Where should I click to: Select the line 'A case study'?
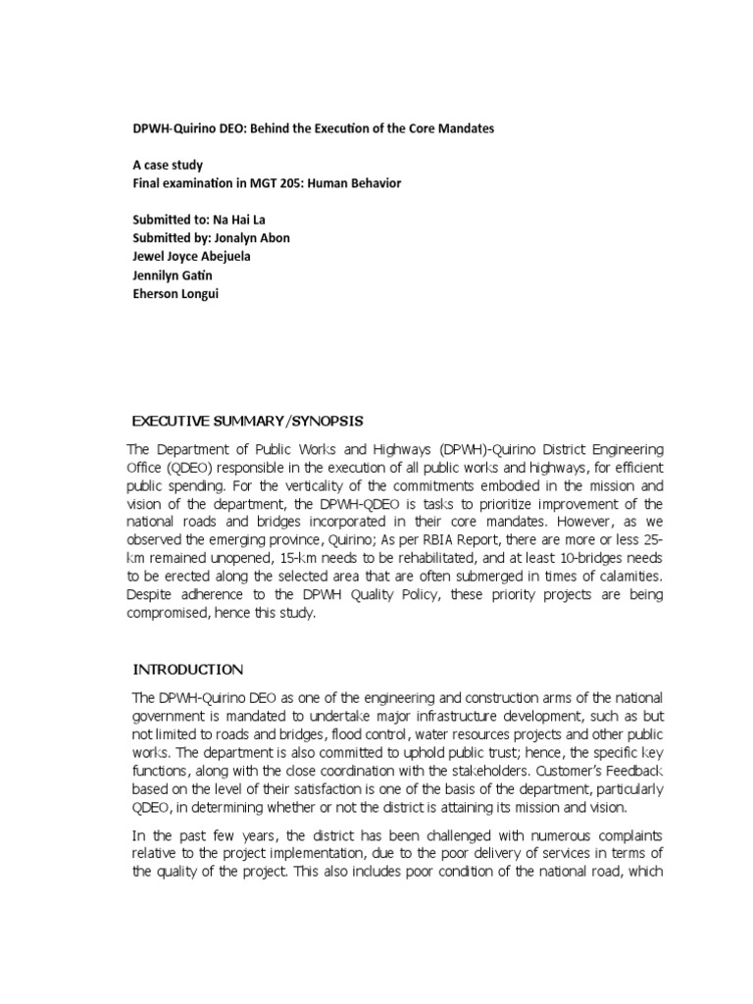tap(168, 167)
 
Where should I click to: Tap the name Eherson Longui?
tap(176, 293)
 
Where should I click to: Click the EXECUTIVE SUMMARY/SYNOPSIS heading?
tap(247, 421)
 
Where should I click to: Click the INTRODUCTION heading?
tap(188, 670)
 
